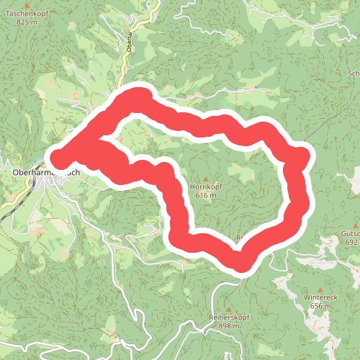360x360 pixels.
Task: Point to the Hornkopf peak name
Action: click(204, 187)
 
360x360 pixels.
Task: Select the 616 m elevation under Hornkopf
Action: click(205, 195)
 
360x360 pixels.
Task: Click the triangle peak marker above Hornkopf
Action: click(205, 179)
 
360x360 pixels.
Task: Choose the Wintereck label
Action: click(320, 297)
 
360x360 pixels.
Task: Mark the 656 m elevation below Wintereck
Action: click(320, 305)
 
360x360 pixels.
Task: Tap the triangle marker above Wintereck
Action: click(320, 288)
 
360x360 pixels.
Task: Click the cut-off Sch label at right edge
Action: click(354, 73)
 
